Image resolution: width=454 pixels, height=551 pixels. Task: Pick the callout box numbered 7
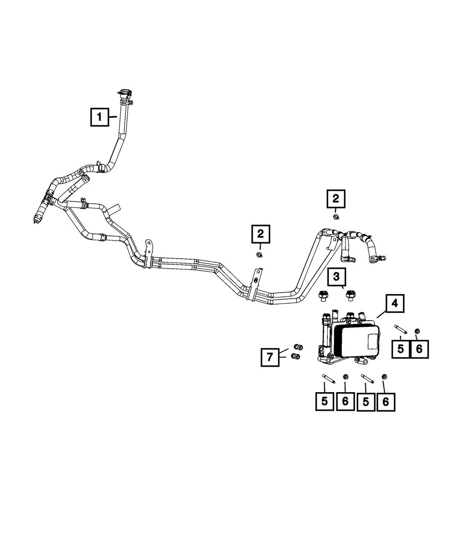(270, 357)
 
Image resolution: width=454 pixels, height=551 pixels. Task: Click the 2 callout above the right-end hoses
(336, 199)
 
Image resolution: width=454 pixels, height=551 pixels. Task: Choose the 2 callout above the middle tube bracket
(261, 234)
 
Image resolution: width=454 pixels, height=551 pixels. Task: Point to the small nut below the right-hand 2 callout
(336, 217)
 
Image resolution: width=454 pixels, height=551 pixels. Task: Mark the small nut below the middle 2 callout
(259, 255)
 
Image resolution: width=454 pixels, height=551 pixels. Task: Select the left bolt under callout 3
(322, 295)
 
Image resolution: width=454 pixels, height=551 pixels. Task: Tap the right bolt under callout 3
(350, 295)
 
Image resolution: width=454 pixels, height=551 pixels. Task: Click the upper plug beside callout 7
(298, 348)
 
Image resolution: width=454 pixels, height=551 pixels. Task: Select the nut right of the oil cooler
(418, 330)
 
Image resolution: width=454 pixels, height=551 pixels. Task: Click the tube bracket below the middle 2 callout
(254, 289)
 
